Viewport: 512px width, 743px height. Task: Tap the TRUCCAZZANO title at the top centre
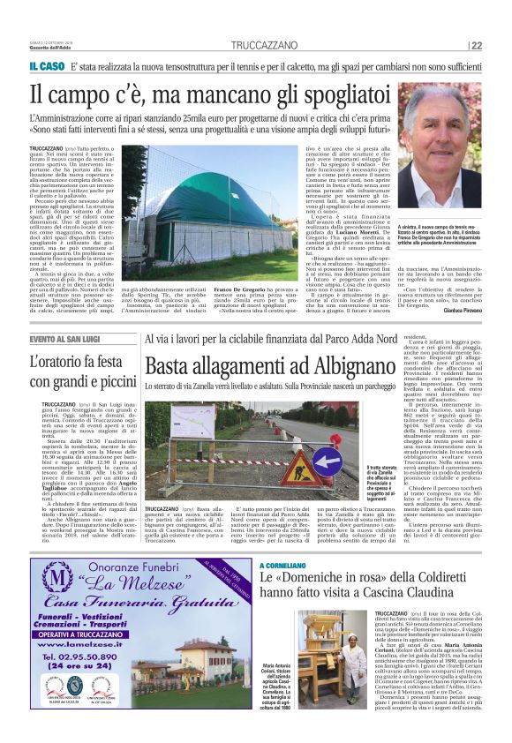click(256, 46)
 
